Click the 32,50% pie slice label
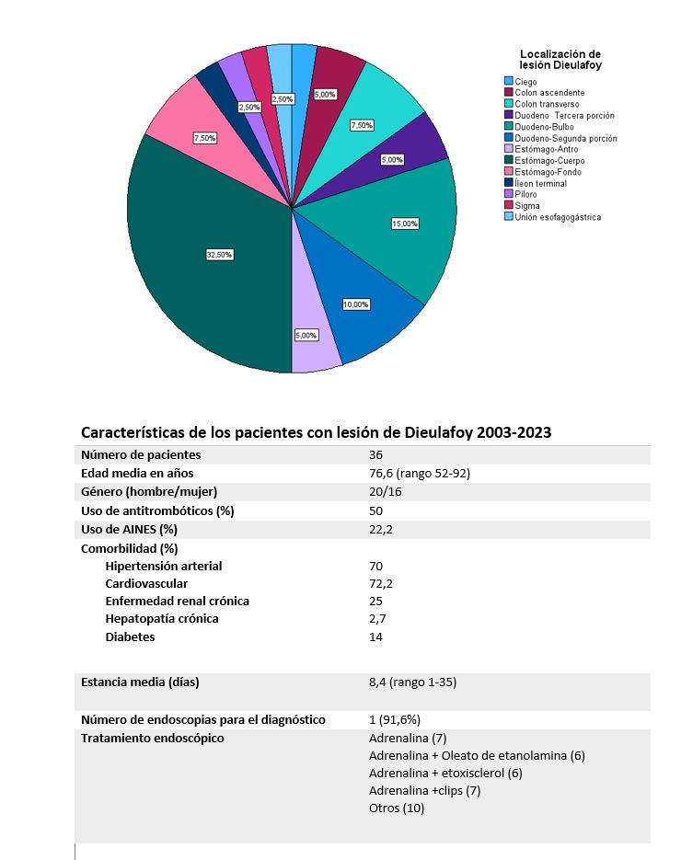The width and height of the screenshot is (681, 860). point(219,255)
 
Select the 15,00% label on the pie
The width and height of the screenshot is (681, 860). point(405,224)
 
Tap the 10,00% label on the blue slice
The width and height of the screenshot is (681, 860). point(355,304)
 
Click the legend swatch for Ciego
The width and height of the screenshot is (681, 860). point(508,82)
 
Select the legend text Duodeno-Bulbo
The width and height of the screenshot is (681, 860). point(545,127)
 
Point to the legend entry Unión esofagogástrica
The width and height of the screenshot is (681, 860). point(558,217)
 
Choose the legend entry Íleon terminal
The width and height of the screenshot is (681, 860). point(540,183)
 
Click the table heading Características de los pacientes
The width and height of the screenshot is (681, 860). point(316,432)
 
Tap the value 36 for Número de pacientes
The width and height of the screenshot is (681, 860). point(375,455)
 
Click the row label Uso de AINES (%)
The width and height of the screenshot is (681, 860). point(129,529)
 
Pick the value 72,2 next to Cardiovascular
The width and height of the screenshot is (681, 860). point(379,584)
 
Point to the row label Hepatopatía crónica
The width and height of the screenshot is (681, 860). point(162,619)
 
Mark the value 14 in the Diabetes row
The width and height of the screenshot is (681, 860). point(375,636)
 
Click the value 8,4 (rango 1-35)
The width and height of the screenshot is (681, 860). point(412,682)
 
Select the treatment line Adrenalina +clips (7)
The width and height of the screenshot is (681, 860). point(424,791)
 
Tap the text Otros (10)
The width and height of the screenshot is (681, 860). point(397,808)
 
